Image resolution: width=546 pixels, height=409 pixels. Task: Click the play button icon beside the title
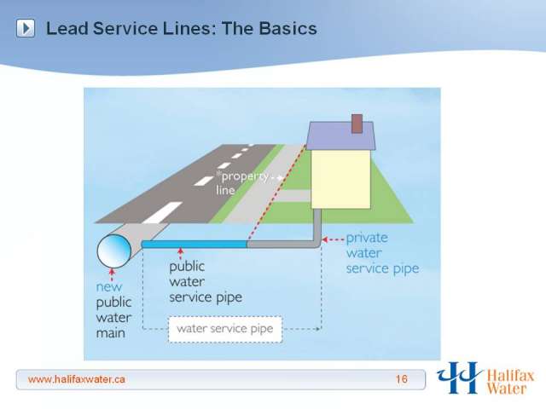click(x=26, y=28)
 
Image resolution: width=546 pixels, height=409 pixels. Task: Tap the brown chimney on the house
click(x=357, y=124)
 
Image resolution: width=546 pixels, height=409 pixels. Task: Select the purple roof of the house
click(x=341, y=135)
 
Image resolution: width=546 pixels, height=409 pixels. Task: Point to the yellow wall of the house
click(x=340, y=179)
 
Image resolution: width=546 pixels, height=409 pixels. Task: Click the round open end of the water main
click(x=113, y=251)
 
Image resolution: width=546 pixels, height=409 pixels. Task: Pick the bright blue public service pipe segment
click(x=195, y=245)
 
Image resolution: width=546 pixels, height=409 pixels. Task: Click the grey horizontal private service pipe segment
click(x=282, y=245)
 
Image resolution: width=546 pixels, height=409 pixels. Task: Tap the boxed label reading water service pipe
click(x=225, y=329)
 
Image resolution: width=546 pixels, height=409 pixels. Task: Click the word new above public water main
click(x=109, y=287)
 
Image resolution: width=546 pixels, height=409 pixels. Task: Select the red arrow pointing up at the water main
click(x=112, y=274)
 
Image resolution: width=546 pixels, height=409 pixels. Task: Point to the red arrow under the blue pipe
click(x=180, y=254)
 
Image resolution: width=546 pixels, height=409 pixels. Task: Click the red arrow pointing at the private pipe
click(x=333, y=239)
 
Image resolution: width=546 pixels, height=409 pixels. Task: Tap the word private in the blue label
click(x=367, y=239)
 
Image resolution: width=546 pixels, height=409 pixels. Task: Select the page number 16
click(x=402, y=378)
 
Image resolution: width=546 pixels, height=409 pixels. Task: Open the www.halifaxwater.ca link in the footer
click(x=77, y=379)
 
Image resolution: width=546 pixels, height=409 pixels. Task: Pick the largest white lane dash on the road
click(x=162, y=212)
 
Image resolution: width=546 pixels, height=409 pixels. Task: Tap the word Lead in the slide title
click(x=67, y=28)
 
